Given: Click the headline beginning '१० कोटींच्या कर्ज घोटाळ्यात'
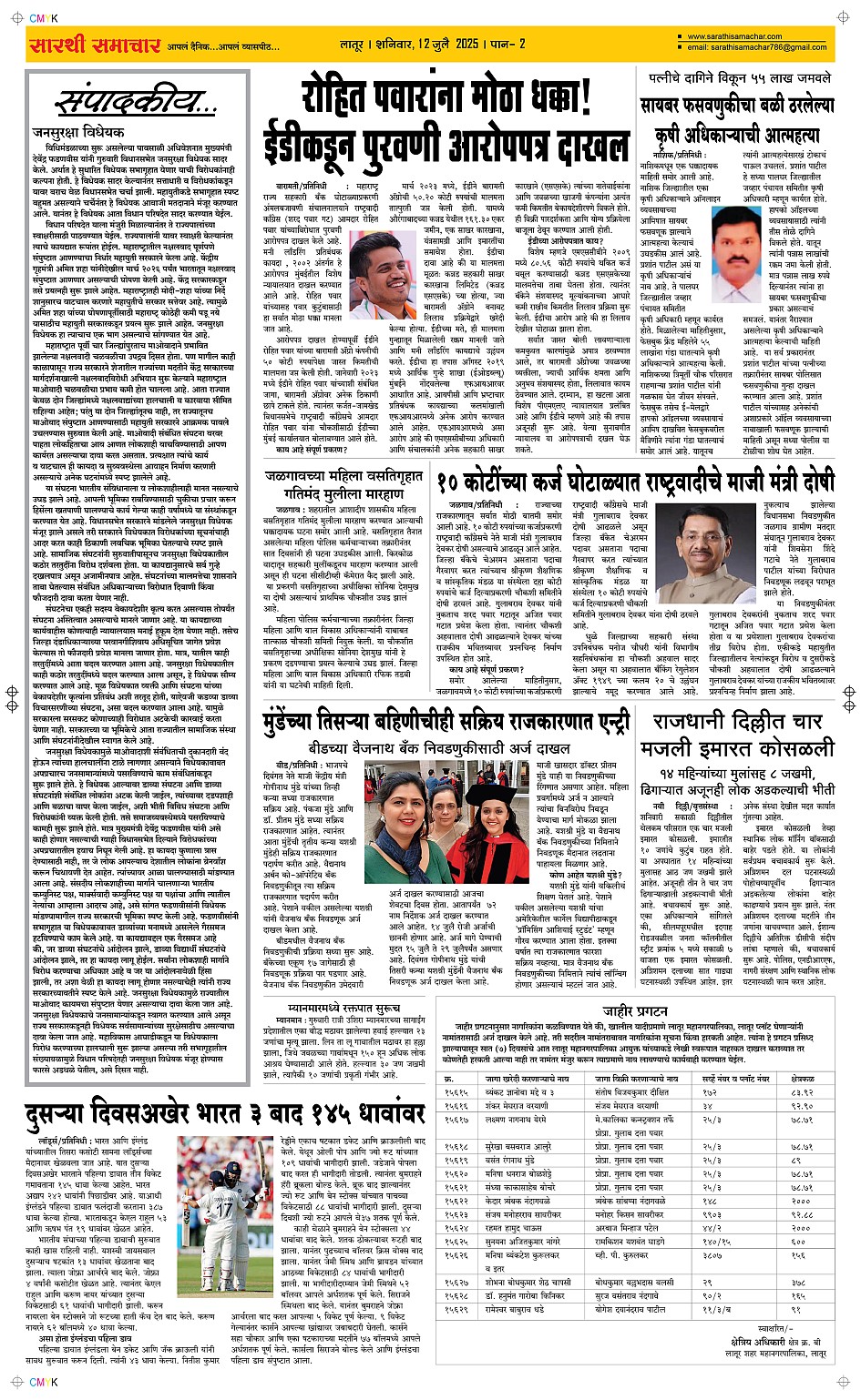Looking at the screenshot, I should pyautogui.click(x=634, y=480).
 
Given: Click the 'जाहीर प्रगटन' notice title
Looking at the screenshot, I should pyautogui.click(x=635, y=1010).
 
